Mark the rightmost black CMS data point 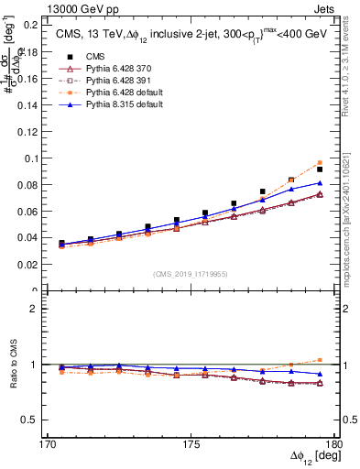click(320, 169)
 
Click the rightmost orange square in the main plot click(320, 162)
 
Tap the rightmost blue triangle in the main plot click(320, 183)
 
